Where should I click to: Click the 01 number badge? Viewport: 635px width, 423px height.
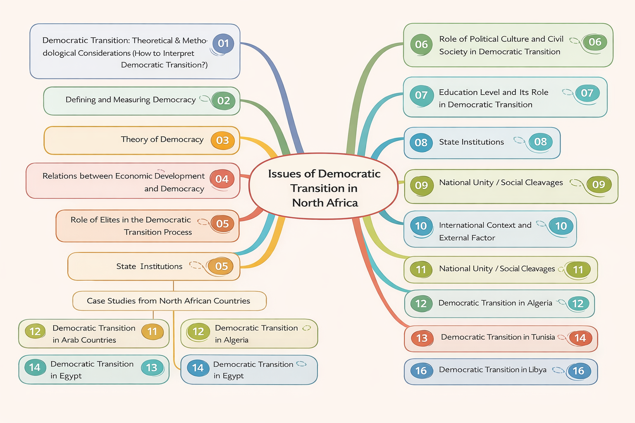tap(223, 43)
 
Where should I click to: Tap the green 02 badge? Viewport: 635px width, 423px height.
tap(223, 101)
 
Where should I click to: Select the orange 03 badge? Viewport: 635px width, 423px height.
tap(222, 140)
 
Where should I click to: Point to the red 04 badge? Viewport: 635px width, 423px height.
tap(222, 179)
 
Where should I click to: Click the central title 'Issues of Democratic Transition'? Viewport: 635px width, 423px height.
tap(324, 188)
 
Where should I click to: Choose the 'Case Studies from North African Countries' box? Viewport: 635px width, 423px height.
tap(169, 301)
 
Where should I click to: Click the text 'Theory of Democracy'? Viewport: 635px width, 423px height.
tap(162, 140)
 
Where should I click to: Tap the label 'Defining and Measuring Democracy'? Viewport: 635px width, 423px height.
tap(131, 100)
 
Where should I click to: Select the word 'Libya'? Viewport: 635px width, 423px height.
tap(537, 370)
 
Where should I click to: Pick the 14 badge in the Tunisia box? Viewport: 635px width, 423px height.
tap(580, 338)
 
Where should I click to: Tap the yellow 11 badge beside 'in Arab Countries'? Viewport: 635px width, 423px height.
tap(152, 332)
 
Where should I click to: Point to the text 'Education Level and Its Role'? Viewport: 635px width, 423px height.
tap(494, 93)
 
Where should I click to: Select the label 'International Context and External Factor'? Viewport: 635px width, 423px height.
tap(485, 231)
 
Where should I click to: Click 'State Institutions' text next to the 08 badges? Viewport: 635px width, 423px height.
tap(471, 142)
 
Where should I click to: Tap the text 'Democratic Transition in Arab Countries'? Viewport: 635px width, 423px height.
tap(93, 334)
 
